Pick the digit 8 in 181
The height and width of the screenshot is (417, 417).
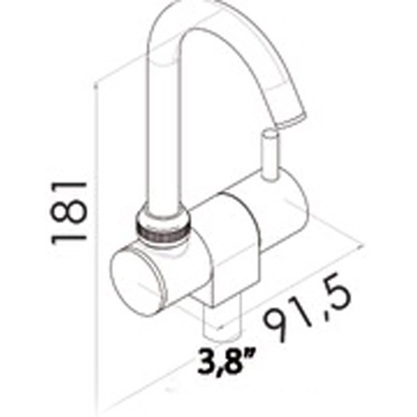[69, 211]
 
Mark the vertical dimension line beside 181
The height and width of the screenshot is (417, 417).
[97, 250]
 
